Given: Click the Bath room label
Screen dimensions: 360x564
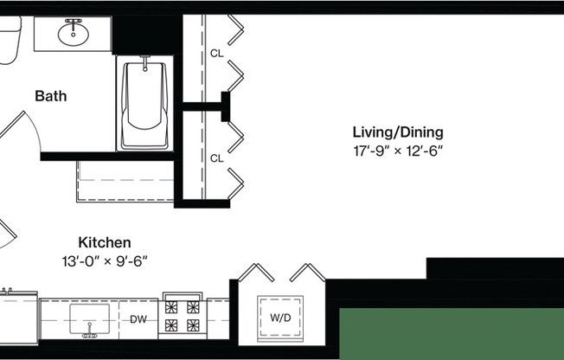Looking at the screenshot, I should [x=50, y=96].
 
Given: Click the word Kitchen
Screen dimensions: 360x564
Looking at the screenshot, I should [x=105, y=242].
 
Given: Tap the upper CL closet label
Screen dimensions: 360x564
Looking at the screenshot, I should [x=216, y=54].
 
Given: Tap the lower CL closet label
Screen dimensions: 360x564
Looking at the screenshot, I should [x=216, y=158].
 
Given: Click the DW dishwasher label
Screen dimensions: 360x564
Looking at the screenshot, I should [x=138, y=318].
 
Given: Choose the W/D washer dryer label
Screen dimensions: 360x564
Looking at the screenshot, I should [x=280, y=318].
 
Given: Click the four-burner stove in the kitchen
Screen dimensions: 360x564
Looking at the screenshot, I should [x=182, y=317].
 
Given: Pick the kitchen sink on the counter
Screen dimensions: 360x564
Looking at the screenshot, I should [x=89, y=317].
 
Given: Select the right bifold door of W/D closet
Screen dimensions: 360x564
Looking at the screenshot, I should [x=307, y=273].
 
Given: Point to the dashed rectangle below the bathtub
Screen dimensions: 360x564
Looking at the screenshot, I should [x=125, y=182].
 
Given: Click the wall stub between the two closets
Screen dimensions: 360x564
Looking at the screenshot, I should [x=227, y=106].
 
